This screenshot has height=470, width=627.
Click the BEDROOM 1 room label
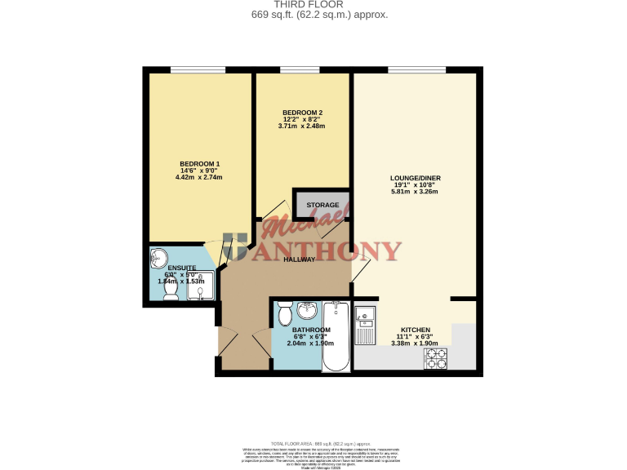coord(199,163)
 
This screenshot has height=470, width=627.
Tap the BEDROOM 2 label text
coord(302,112)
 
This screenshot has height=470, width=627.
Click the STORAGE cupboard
coord(322,205)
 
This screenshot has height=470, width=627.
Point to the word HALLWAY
coord(300,259)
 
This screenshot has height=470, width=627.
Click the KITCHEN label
coord(416,330)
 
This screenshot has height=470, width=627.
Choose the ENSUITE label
coord(181,267)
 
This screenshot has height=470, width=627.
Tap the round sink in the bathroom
coord(308,310)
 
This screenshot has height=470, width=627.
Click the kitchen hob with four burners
coord(435,358)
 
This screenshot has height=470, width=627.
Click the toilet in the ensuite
coord(171,290)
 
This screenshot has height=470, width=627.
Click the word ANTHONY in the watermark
coord(331,251)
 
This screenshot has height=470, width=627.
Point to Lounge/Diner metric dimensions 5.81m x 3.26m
coord(416,193)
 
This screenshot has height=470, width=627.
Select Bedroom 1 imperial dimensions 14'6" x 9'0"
coord(199,171)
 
